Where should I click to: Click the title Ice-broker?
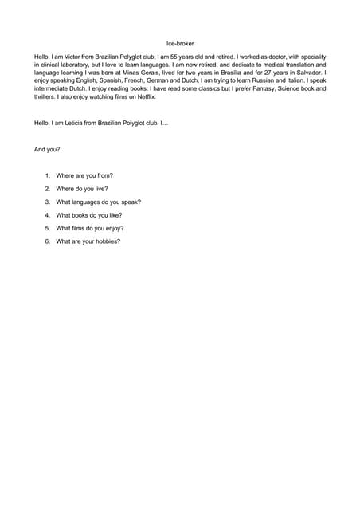click(180, 44)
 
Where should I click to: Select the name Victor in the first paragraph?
click(76, 57)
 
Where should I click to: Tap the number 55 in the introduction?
click(188, 57)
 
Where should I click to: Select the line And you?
click(47, 149)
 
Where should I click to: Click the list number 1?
click(47, 175)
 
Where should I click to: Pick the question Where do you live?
click(82, 189)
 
